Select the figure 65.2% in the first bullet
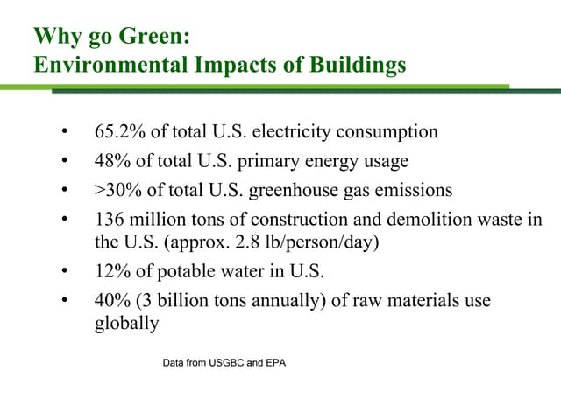117,132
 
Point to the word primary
273,161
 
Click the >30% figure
115,190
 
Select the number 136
109,219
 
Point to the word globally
126,323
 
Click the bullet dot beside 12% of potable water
64,271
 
